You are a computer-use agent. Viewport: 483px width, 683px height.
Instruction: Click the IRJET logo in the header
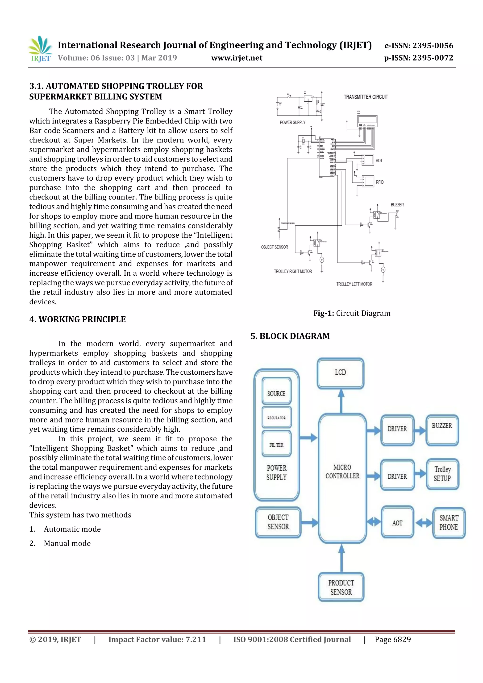coord(40,49)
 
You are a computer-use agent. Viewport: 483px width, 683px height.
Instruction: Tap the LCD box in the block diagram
coord(341,373)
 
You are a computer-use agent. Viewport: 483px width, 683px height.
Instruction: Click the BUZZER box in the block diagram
coord(442,430)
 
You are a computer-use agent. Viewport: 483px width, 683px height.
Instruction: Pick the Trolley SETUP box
coord(442,474)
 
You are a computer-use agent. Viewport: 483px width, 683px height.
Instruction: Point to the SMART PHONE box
coord(449,523)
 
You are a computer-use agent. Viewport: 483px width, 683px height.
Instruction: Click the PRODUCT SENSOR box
coord(341,587)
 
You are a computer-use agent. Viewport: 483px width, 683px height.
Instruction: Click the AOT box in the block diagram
coord(397,523)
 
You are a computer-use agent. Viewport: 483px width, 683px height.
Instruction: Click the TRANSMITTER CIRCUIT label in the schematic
coord(366,97)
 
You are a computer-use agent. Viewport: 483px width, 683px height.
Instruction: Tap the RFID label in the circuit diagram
coord(380,182)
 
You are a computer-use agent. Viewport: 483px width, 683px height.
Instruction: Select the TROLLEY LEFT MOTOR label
coord(354,284)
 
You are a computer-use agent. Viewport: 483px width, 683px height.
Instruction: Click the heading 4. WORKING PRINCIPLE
coord(77,319)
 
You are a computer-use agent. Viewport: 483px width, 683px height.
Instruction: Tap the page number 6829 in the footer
coord(393,640)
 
